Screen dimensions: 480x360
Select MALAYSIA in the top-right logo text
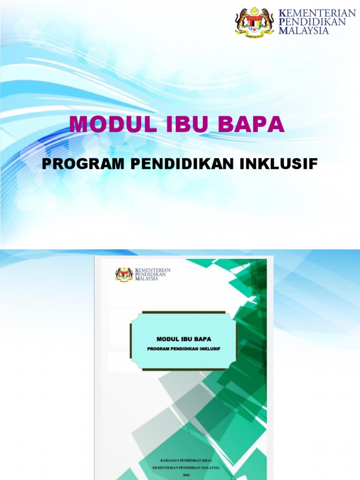coord(304,30)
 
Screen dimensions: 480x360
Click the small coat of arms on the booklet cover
coord(124,274)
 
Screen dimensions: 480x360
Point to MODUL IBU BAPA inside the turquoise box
coord(184,338)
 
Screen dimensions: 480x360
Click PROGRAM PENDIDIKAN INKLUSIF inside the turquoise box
coord(184,349)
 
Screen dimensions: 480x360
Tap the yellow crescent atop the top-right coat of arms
coord(254,9)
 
